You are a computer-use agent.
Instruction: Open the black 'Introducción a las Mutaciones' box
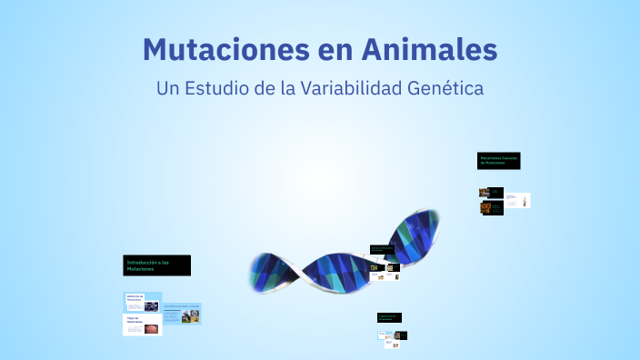pos(157,265)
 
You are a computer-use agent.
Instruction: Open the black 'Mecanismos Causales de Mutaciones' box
pos(499,161)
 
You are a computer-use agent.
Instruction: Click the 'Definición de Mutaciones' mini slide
pos(142,302)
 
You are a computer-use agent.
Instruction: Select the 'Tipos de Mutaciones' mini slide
pos(142,325)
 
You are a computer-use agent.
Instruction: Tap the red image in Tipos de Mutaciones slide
pos(151,328)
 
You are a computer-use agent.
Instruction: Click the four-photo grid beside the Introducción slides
pos(192,316)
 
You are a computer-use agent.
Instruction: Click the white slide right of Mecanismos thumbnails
pos(518,199)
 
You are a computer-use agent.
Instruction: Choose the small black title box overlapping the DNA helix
pos(382,247)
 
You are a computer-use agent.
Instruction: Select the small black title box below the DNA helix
pos(389,317)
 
